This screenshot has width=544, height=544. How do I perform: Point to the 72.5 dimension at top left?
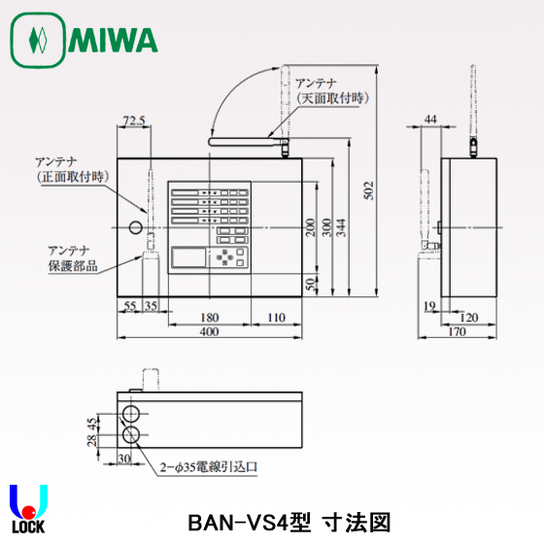point(134,121)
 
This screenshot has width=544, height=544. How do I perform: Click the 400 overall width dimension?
point(210,331)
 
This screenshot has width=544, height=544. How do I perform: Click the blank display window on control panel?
point(188,256)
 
